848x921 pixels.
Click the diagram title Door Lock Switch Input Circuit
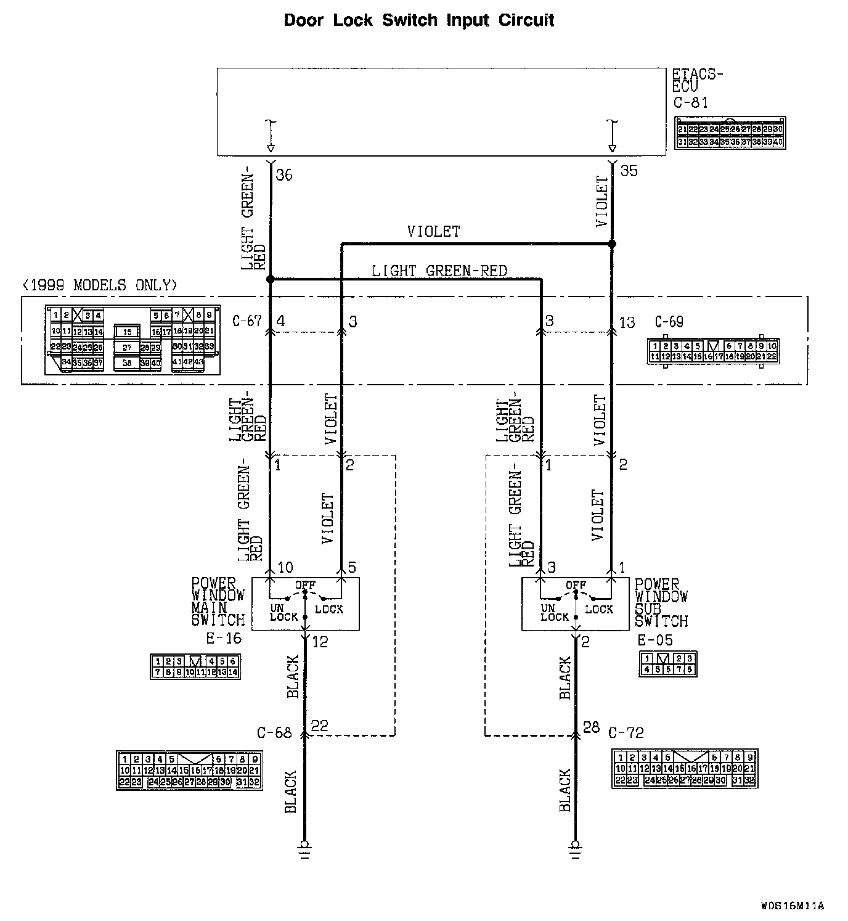[x=418, y=20]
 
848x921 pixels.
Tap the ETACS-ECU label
[x=696, y=81]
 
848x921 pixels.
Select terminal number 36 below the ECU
[x=284, y=175]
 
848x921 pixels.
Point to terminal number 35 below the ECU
[x=629, y=171]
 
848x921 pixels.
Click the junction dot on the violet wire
[x=612, y=244]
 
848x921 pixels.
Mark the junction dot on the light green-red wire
[x=270, y=279]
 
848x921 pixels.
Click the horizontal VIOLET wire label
[x=433, y=232]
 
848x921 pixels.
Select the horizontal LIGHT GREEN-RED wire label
[x=439, y=271]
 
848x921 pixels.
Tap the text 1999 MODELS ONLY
[x=99, y=285]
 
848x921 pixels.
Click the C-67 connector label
[x=247, y=321]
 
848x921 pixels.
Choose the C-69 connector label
[x=669, y=322]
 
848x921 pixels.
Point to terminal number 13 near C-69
[x=627, y=322]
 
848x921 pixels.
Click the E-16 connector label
[x=224, y=639]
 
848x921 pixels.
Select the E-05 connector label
[x=654, y=640]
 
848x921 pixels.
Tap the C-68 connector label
[x=274, y=733]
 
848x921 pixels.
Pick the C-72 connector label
[x=626, y=733]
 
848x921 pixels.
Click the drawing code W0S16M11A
[x=792, y=906]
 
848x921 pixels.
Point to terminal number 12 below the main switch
[x=320, y=642]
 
